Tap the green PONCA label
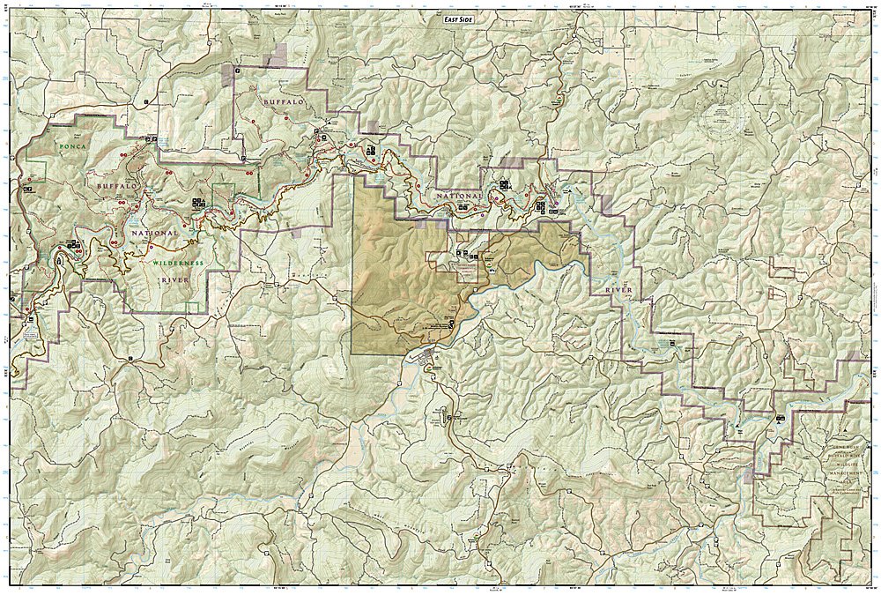click(70, 145)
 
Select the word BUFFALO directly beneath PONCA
click(117, 187)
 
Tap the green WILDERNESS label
click(177, 263)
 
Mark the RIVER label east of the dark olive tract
click(623, 289)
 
